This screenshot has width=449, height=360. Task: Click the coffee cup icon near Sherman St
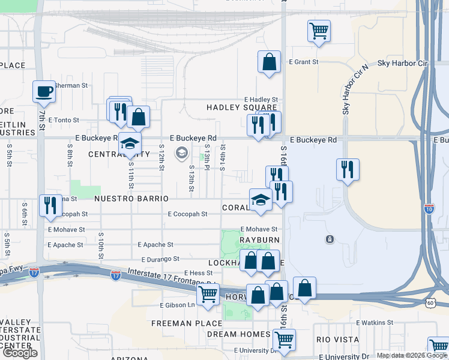coord(44,92)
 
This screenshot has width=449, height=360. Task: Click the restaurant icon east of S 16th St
coord(348,170)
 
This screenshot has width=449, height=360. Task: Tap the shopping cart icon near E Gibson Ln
coord(208,295)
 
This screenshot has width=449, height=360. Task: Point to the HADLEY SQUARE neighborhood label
coord(242,107)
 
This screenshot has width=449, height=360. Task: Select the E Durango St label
coord(160,259)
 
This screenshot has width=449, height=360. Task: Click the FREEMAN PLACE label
coord(178,323)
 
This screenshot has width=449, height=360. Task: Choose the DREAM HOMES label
coord(239,334)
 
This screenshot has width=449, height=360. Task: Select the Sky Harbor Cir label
coord(402,63)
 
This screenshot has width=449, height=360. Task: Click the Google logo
coord(20,352)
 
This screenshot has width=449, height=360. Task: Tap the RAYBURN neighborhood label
coord(260,240)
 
